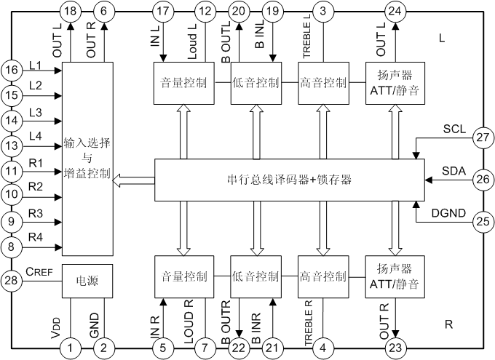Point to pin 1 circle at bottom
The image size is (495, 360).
click(x=71, y=348)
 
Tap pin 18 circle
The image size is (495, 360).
click(x=71, y=11)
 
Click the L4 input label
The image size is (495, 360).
click(x=36, y=136)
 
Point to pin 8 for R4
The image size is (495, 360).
click(x=11, y=247)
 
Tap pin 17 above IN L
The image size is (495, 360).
click(x=163, y=11)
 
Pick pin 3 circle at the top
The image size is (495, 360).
click(x=322, y=11)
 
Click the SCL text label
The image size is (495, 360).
click(x=455, y=129)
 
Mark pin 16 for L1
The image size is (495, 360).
click(x=11, y=70)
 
